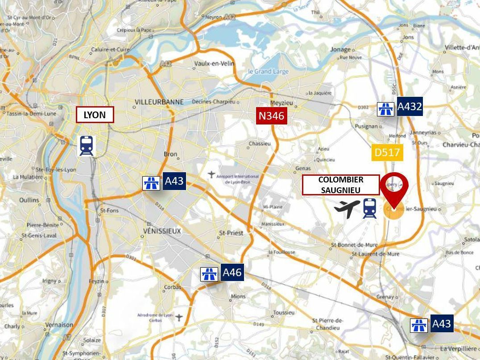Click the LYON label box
point(95,115)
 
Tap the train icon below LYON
point(87,146)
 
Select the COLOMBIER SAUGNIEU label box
point(341,185)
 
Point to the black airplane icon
point(347,208)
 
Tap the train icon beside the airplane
point(369,208)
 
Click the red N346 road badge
point(271,116)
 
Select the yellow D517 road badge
point(387,153)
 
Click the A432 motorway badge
point(410,107)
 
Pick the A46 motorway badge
point(232,272)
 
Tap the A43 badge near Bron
point(174,181)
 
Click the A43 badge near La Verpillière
point(441,323)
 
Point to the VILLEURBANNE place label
point(159,102)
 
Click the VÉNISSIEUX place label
point(162,231)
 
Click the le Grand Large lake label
point(269,71)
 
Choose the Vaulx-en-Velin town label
point(214,63)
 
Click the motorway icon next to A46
point(209,273)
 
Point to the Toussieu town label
point(284,313)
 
